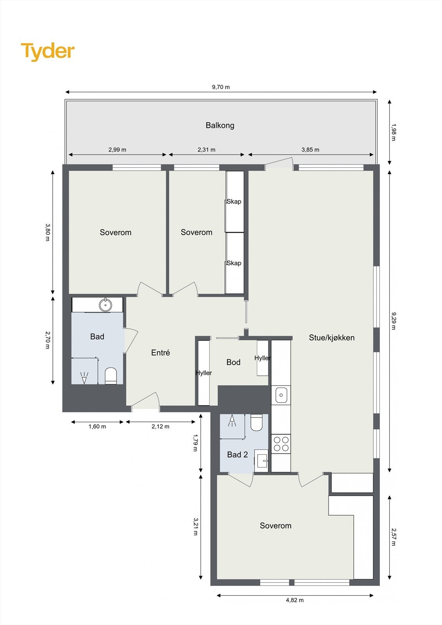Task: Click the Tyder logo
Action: click(48, 52)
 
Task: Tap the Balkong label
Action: click(220, 125)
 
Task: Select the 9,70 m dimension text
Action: click(221, 87)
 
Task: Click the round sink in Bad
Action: click(106, 304)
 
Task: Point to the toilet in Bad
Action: click(111, 376)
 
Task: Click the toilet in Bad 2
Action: click(256, 422)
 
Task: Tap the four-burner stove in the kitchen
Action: click(281, 444)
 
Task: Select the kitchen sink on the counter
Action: click(281, 395)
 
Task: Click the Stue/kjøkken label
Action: click(332, 338)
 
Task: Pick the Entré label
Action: click(161, 353)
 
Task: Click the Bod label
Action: click(233, 362)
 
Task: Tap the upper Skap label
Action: click(234, 202)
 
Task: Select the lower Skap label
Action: click(234, 263)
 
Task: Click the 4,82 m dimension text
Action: click(295, 600)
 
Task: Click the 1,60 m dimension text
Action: click(97, 427)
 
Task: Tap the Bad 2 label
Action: click(238, 455)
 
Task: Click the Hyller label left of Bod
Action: click(204, 373)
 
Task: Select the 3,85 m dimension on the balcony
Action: click(310, 150)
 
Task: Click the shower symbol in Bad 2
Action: click(232, 420)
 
